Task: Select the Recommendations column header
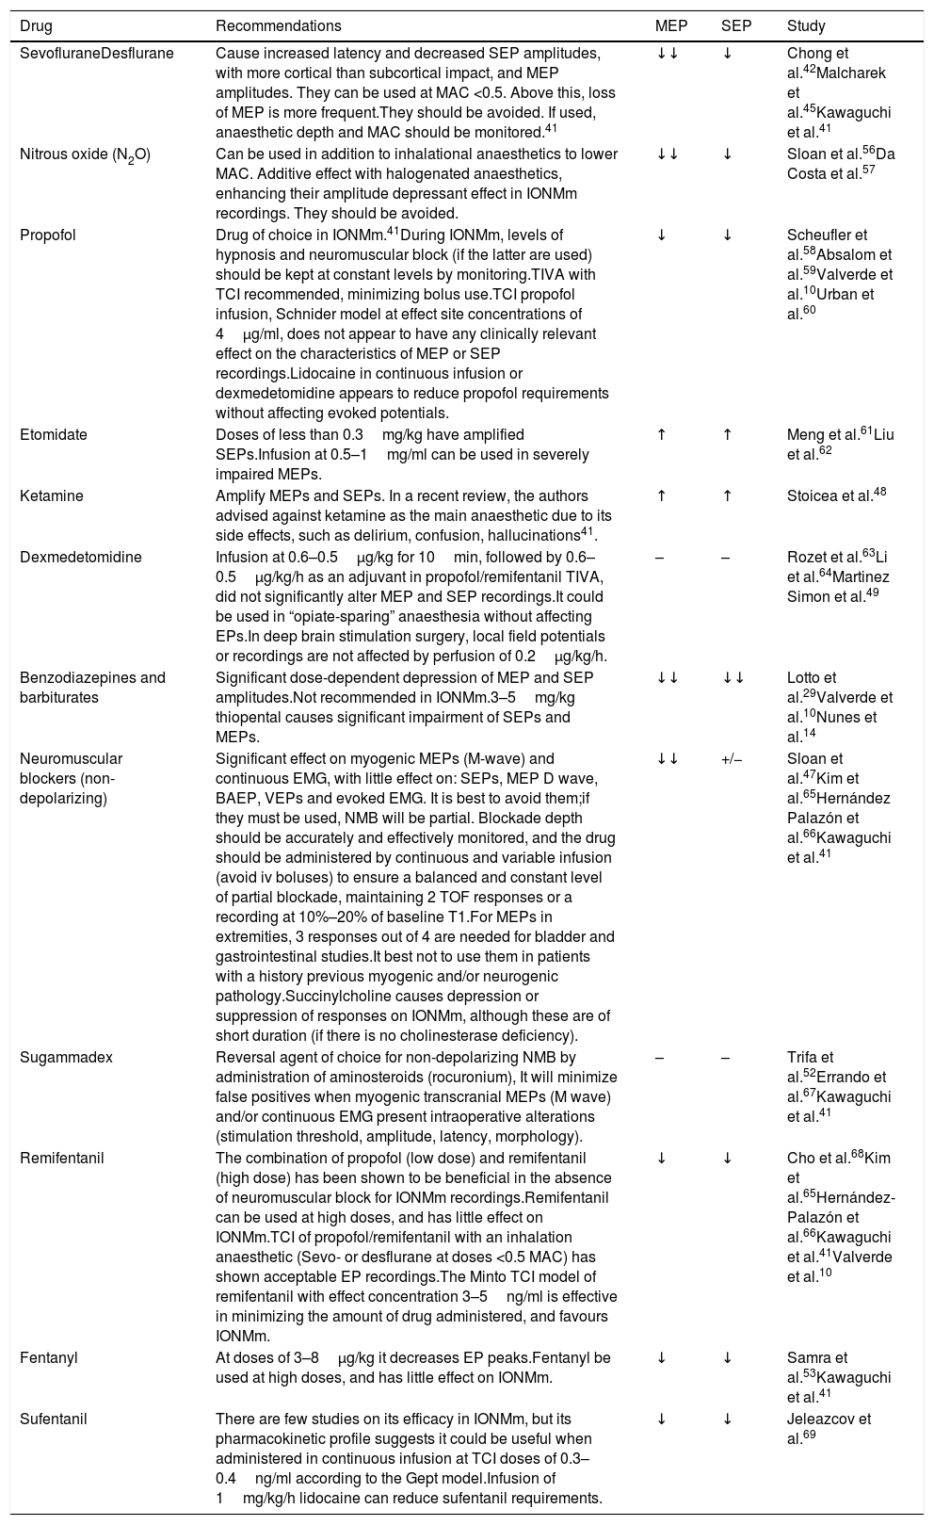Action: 279,26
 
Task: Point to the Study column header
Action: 805,26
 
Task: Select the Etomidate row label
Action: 54,434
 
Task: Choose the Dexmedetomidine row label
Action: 81,557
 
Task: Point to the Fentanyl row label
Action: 48,1357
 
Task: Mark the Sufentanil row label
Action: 54,1419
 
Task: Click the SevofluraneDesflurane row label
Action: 97,53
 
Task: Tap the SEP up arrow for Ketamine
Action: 727,495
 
